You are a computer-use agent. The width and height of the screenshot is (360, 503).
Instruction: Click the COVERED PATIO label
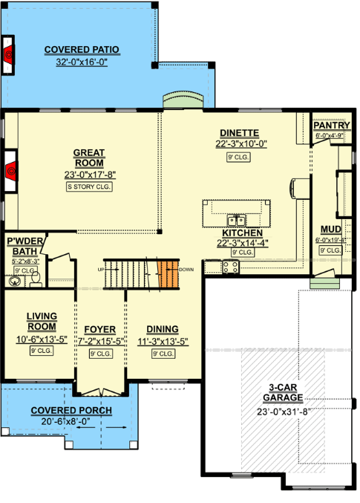pyautogui.click(x=82, y=51)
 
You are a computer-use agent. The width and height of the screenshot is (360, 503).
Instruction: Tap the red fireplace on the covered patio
pyautogui.click(x=8, y=53)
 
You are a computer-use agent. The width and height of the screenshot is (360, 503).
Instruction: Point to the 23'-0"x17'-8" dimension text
pyautogui.click(x=89, y=175)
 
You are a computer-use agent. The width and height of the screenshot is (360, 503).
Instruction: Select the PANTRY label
pyautogui.click(x=326, y=126)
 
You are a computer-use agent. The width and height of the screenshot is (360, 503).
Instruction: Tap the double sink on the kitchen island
pyautogui.click(x=237, y=220)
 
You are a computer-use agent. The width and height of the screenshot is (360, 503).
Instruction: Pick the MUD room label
pyautogui.click(x=330, y=230)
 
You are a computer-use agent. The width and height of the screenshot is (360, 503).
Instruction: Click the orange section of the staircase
pyautogui.click(x=169, y=275)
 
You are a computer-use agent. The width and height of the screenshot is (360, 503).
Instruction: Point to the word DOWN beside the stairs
pyautogui.click(x=186, y=269)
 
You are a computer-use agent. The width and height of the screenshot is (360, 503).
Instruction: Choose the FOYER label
pyautogui.click(x=99, y=330)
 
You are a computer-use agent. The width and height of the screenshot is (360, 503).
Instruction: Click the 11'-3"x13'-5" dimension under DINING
pyautogui.click(x=162, y=341)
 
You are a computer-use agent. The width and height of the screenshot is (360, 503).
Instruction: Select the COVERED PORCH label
pyautogui.click(x=71, y=411)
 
